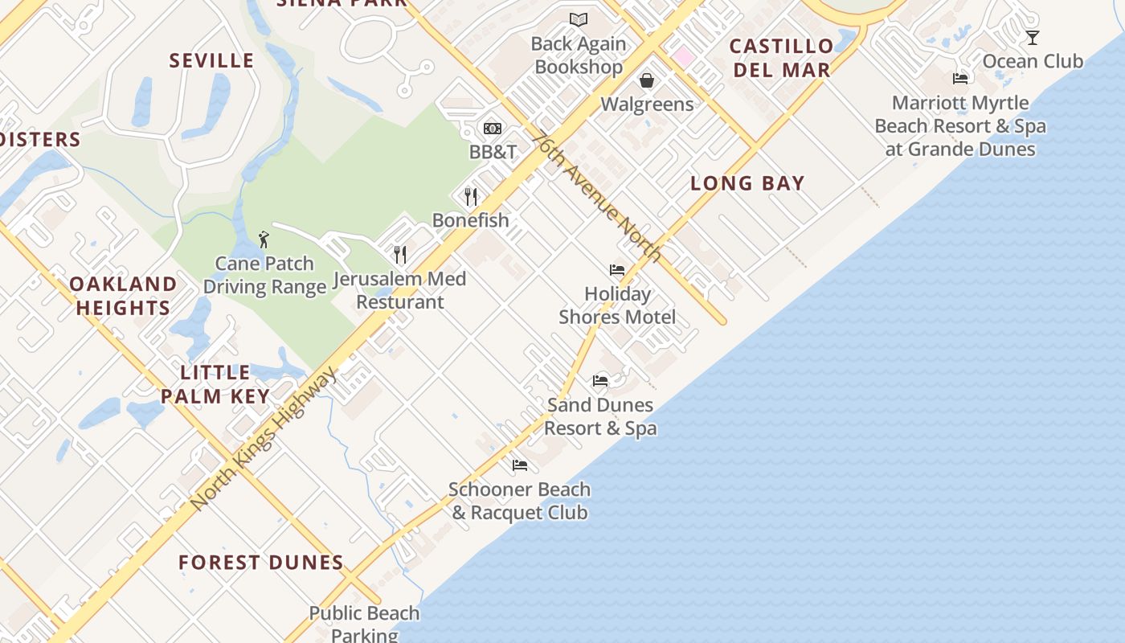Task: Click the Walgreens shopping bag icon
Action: click(646, 80)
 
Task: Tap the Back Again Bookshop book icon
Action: click(579, 20)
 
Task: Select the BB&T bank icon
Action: click(493, 129)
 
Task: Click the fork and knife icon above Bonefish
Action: click(471, 196)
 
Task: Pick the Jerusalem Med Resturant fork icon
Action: click(399, 255)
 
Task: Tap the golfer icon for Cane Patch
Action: click(264, 240)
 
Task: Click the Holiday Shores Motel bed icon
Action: click(617, 270)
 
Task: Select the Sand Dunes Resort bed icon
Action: click(600, 381)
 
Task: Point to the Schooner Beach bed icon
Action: click(520, 465)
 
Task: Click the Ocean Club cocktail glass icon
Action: click(1033, 38)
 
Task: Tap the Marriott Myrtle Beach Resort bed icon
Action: click(960, 79)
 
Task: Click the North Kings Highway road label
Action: click(265, 438)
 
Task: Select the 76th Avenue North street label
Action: click(599, 197)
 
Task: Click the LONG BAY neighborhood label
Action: click(747, 183)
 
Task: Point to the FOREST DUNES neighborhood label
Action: click(261, 563)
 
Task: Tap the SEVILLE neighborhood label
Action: click(211, 60)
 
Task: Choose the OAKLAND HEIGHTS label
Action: click(123, 296)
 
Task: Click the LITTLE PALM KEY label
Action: click(215, 384)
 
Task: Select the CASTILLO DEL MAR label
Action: click(781, 58)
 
